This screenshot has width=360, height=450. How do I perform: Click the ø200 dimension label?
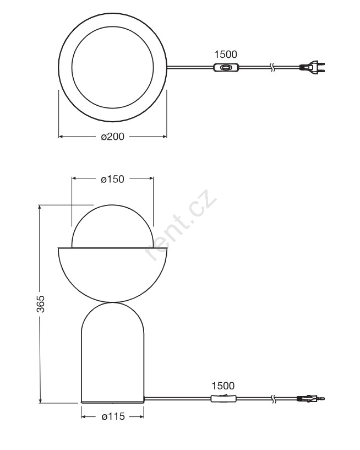(113, 137)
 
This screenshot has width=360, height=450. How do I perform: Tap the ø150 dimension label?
(112, 179)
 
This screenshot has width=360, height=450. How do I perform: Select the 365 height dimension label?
(41, 303)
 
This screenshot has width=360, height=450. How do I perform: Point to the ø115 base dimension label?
(113, 416)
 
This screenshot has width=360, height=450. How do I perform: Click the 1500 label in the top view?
(226, 54)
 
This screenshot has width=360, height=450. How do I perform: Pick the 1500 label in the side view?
(223, 386)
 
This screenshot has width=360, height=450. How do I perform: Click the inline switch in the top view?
(226, 68)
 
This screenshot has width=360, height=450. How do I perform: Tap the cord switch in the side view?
(223, 398)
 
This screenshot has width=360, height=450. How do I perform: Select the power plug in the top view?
(312, 67)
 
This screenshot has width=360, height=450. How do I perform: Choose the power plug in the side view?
(311, 398)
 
